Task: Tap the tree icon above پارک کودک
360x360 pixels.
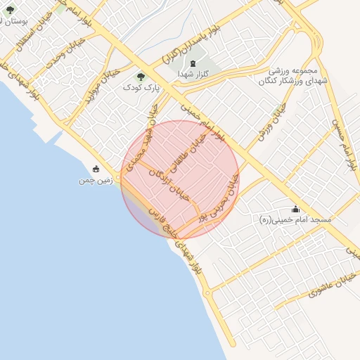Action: [141, 77]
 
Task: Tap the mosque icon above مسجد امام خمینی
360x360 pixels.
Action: [295, 209]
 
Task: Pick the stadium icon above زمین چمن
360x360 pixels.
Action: [96, 169]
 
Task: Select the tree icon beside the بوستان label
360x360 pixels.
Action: [10, 10]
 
